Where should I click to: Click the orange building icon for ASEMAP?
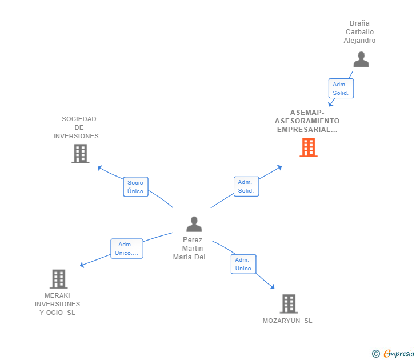coord(308,147)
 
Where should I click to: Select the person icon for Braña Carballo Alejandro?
coord(361,59)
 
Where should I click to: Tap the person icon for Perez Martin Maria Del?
coord(194,224)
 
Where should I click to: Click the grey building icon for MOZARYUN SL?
coord(289,303)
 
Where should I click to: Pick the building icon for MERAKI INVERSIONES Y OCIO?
coord(58,279)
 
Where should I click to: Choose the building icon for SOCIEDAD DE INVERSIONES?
coord(80,153)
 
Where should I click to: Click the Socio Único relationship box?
coord(135,187)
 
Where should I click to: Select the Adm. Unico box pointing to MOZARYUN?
coord(243,264)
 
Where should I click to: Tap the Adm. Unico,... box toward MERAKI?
coord(126,249)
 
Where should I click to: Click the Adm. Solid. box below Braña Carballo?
coord(341,89)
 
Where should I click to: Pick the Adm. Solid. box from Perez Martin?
coord(246,186)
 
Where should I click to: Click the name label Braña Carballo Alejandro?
coord(359,32)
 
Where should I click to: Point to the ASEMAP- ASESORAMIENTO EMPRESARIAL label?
coord(307,121)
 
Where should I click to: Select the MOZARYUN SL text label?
coord(287,321)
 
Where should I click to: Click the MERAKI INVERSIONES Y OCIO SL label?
coord(57,304)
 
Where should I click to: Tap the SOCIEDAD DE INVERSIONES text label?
coord(79,127)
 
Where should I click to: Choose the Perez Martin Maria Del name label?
coord(193,249)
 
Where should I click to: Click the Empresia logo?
coord(398,354)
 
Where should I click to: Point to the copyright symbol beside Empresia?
coord(375,354)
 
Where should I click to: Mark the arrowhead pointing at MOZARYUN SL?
coord(273,287)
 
